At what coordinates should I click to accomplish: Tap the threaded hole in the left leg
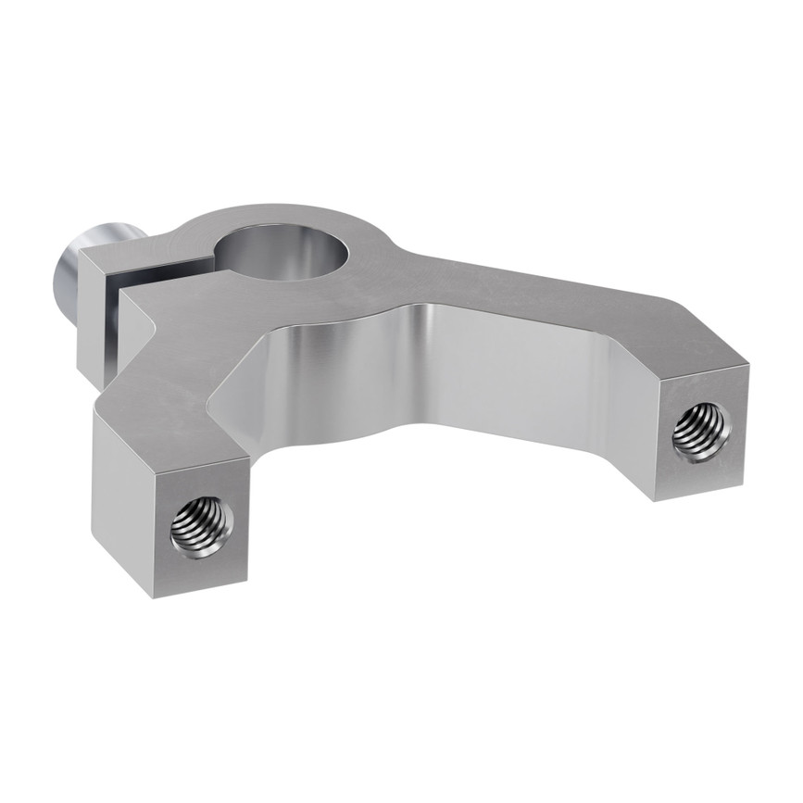click(202, 526)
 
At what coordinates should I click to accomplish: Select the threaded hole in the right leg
click(699, 432)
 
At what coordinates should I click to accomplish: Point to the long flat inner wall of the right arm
click(519, 370)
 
